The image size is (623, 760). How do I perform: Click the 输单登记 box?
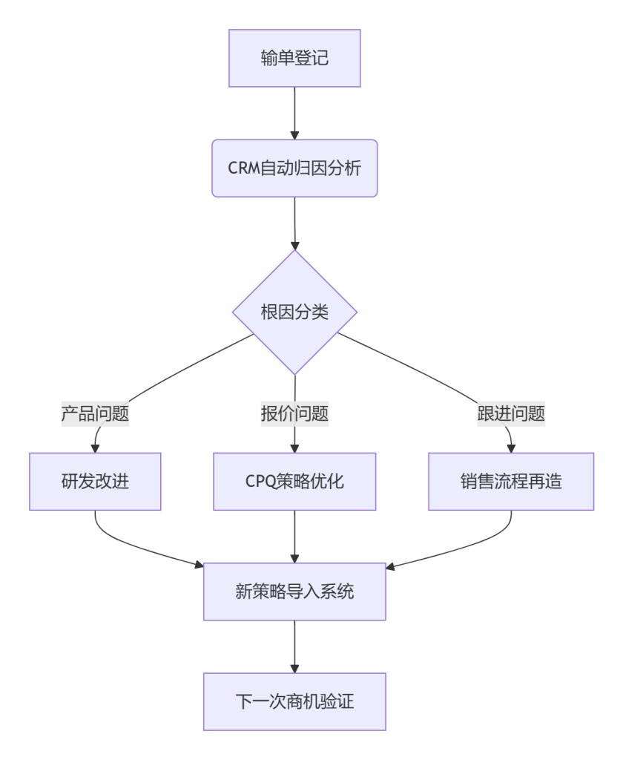pos(294,59)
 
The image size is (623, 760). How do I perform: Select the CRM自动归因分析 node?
pos(294,168)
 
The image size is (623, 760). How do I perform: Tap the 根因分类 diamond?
pos(294,312)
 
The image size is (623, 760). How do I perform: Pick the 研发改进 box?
pos(95,482)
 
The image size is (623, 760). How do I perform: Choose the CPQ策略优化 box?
pos(294,482)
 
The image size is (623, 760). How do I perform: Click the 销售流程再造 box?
pos(511,482)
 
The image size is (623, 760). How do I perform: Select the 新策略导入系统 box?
pos(294,592)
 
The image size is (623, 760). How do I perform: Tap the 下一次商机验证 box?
pos(294,701)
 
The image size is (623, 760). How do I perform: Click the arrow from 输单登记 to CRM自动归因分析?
pos(294,111)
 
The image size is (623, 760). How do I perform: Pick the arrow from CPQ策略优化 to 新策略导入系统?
pos(294,536)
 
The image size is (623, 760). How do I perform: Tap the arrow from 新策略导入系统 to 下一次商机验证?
pos(294,646)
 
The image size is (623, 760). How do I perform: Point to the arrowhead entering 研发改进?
pos(95,448)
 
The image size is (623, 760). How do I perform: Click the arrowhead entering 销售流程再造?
pos(511,448)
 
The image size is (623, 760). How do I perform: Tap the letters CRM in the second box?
pos(244,168)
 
